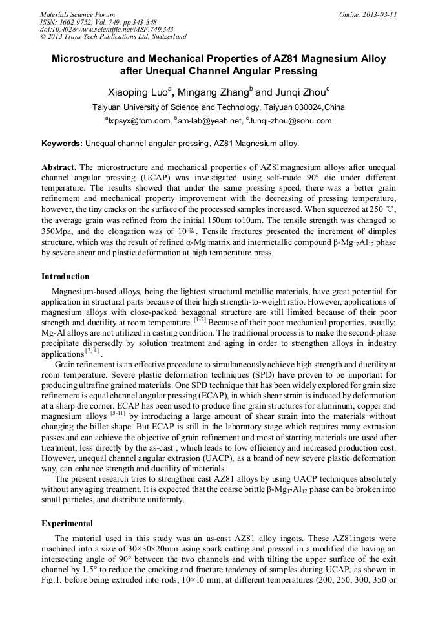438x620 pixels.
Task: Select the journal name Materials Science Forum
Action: tap(78, 14)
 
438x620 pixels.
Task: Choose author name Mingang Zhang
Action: tap(215, 91)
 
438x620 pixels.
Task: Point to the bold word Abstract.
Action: tap(59, 166)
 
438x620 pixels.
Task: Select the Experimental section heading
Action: tap(67, 523)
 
